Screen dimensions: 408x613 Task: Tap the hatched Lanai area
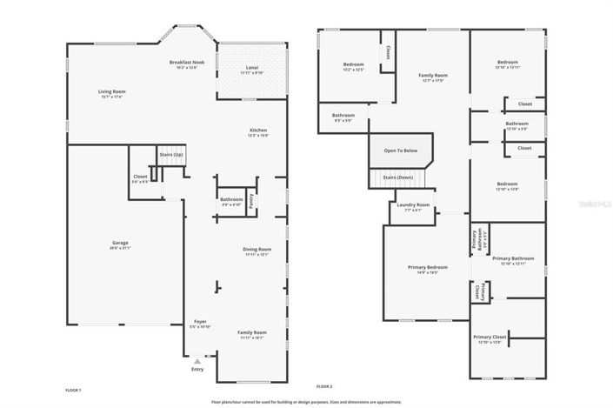(x=251, y=70)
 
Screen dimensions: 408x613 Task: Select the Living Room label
(x=111, y=93)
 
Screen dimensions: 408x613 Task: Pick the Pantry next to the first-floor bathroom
(x=250, y=200)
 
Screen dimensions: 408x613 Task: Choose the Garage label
(x=120, y=244)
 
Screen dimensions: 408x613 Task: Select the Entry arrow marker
(x=197, y=359)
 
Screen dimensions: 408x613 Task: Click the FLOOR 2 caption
(x=324, y=385)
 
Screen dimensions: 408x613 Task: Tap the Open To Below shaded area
(x=401, y=150)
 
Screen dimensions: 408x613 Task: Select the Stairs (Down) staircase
(x=399, y=178)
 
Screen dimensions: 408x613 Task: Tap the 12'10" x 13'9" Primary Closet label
(x=490, y=339)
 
